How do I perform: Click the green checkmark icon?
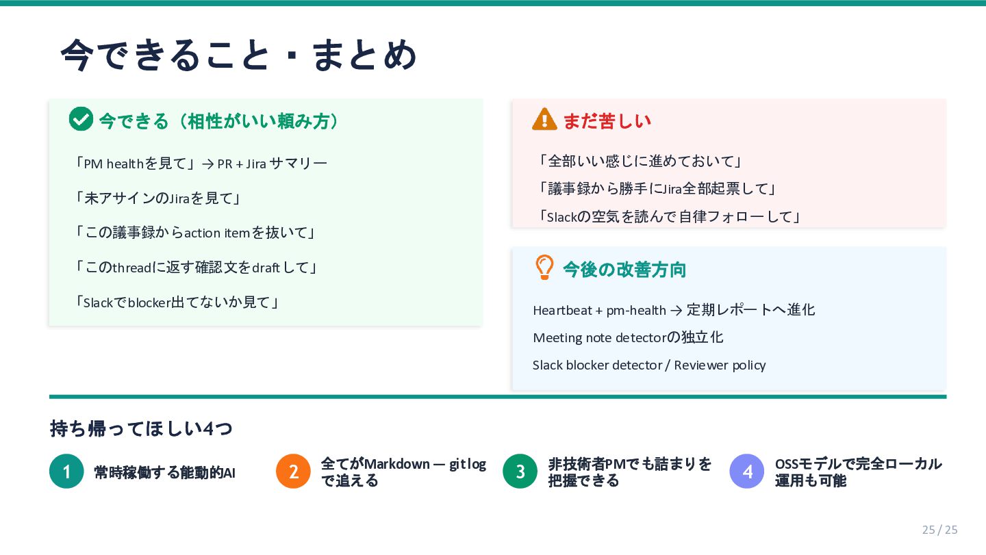click(81, 119)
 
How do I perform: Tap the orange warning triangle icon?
click(544, 119)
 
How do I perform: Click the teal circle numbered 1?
click(66, 472)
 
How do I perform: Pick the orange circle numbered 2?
click(293, 472)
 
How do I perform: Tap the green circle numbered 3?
click(520, 472)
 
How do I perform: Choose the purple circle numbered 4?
click(746, 472)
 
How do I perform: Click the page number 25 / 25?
click(939, 530)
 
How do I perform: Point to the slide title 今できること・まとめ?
click(238, 55)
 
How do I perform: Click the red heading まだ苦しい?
click(607, 120)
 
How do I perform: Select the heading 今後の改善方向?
click(624, 270)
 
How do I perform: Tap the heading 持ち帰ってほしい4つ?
click(141, 428)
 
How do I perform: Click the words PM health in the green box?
click(114, 164)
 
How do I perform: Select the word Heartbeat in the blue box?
click(562, 311)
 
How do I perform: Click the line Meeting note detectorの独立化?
click(628, 337)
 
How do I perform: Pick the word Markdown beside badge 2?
click(397, 464)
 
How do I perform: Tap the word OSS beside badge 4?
click(787, 464)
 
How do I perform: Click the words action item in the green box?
click(217, 233)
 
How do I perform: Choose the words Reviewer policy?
click(720, 365)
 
